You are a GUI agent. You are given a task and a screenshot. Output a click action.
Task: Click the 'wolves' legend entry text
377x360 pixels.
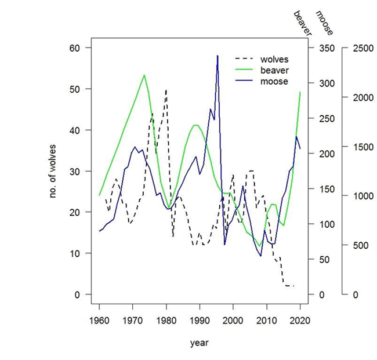click(x=274, y=59)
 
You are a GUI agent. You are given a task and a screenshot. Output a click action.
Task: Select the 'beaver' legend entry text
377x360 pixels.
click(x=274, y=70)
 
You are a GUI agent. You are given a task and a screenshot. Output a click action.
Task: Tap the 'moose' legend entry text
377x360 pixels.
click(x=274, y=81)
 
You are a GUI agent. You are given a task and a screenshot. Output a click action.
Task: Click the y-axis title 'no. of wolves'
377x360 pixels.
click(x=53, y=170)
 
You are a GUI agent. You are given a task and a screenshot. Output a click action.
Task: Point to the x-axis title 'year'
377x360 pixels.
click(x=199, y=343)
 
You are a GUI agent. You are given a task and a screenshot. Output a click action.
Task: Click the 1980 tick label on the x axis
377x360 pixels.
click(x=166, y=320)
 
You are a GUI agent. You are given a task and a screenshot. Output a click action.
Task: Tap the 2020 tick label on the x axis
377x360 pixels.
click(x=300, y=320)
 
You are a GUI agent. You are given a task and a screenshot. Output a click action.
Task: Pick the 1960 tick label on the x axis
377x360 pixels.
click(x=99, y=320)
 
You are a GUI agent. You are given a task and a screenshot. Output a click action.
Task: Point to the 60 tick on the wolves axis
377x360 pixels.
click(x=76, y=48)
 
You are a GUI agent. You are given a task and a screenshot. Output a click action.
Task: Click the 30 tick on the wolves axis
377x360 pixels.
click(x=76, y=171)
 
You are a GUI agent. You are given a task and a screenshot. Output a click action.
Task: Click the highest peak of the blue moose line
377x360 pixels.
click(x=217, y=56)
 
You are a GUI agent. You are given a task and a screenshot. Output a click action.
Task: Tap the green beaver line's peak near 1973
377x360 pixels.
click(x=144, y=75)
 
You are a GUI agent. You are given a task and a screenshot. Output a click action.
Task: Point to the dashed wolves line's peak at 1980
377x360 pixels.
click(x=166, y=90)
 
